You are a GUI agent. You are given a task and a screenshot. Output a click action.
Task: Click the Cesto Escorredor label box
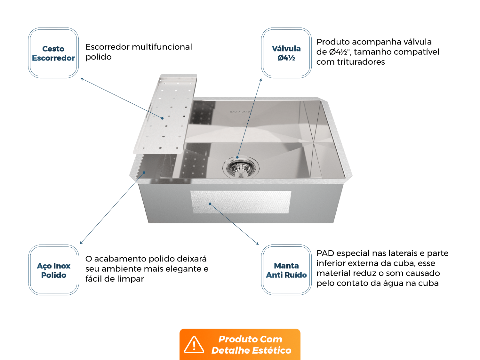click(x=53, y=53)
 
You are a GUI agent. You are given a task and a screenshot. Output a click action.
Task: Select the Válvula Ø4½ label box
click(x=286, y=53)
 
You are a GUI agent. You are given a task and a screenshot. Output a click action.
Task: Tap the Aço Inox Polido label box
click(x=53, y=270)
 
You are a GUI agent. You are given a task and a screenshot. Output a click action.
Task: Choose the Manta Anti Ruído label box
click(x=286, y=270)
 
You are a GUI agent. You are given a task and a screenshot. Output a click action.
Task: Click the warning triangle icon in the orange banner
click(x=194, y=345)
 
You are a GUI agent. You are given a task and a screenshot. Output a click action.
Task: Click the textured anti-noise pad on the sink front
click(x=241, y=202)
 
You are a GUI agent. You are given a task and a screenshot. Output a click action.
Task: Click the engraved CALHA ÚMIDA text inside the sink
click(x=241, y=112)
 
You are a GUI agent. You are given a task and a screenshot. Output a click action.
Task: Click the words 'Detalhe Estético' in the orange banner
click(x=251, y=350)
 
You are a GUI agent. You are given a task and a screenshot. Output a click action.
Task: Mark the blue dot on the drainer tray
click(x=163, y=118)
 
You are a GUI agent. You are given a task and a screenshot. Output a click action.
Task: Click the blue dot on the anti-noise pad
click(x=210, y=204)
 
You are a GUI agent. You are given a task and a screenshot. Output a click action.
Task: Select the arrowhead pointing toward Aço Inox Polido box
click(x=81, y=243)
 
